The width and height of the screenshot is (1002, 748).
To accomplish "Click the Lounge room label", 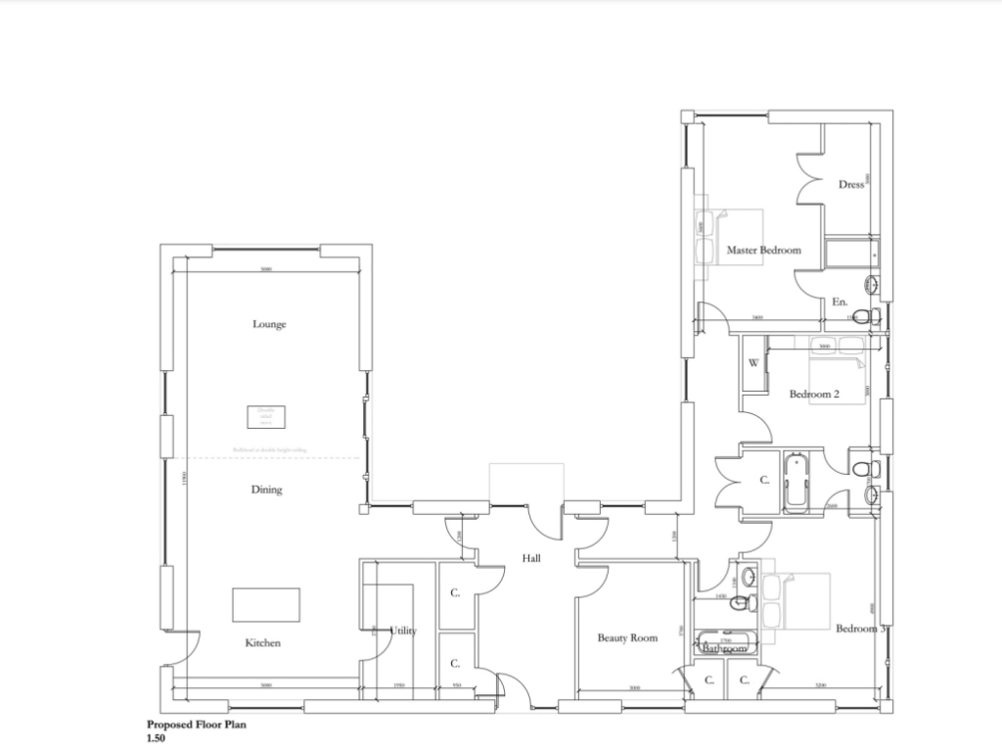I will [269, 324].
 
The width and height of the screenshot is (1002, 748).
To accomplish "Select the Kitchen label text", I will [263, 643].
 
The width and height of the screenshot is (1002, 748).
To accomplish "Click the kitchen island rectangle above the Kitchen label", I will [266, 604].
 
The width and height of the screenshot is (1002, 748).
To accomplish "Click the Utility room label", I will [403, 631].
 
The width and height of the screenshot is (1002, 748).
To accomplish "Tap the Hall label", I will [531, 558].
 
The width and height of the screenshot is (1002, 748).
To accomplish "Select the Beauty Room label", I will [627, 638].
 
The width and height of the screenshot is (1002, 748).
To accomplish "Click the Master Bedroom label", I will [763, 251].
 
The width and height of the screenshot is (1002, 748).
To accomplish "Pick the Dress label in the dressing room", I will [851, 184].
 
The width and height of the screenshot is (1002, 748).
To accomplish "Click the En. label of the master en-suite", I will [840, 303].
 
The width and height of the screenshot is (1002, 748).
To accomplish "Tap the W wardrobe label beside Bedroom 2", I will [753, 363].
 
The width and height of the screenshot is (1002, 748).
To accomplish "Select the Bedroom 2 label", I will [815, 396].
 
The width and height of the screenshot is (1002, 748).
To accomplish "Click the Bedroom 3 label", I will [861, 629].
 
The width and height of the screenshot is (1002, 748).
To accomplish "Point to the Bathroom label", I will [724, 649].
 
